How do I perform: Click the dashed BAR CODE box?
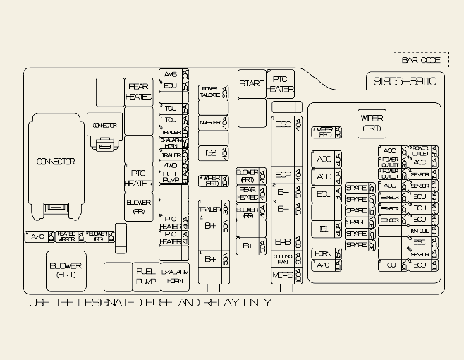point(420,60)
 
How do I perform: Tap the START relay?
point(252,83)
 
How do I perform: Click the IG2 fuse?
point(210,152)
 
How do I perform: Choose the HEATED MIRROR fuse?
point(66,236)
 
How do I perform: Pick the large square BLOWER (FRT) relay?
point(66,270)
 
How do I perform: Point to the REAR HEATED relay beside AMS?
point(139,92)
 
